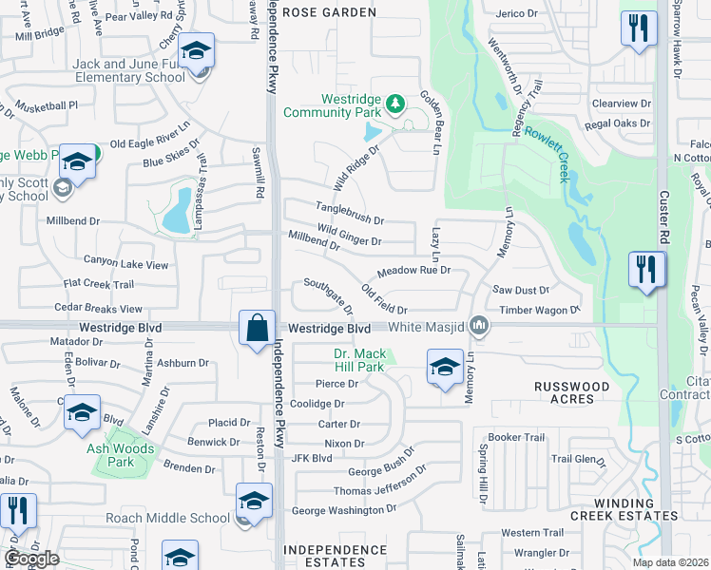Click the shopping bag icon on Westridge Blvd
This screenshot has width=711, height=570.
point(258,330)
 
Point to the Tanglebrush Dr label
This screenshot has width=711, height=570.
point(350,219)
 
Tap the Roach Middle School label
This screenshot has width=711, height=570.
point(176,518)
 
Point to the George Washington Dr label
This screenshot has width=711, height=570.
point(343,510)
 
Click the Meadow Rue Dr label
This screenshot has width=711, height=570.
point(413,271)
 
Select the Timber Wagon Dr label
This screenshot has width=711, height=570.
point(540,310)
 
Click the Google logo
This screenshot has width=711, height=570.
point(31,559)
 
